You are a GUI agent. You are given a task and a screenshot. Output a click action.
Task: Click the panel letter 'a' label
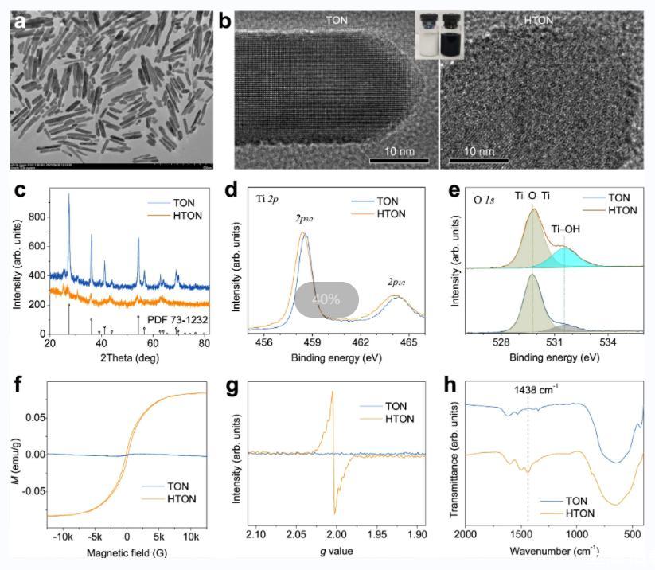click(19, 22)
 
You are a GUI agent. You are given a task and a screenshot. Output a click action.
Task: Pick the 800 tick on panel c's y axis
click(37, 217)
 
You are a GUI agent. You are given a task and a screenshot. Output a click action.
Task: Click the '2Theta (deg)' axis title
click(127, 357)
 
